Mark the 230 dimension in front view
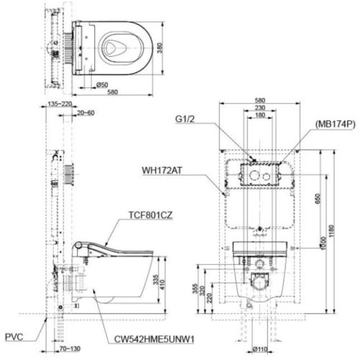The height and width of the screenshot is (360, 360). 261,108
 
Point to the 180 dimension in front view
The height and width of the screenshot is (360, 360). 261,115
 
